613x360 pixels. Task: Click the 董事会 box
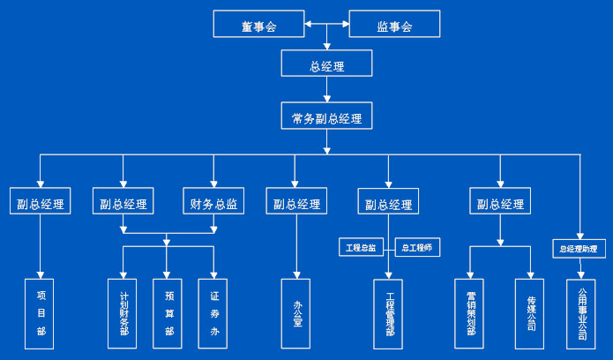click(258, 25)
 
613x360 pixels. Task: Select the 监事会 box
click(394, 25)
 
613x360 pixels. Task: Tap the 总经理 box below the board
click(326, 64)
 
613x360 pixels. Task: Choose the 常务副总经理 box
click(326, 116)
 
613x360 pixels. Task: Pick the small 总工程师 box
click(417, 248)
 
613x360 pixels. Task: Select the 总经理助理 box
click(579, 248)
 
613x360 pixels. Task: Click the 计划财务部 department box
click(123, 311)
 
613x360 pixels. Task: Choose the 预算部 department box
click(168, 311)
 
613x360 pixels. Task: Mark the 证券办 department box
click(213, 311)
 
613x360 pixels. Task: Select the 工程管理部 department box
click(389, 311)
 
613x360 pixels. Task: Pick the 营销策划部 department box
click(470, 311)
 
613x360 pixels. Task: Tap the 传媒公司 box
click(531, 311)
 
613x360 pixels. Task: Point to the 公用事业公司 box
click(581, 311)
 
